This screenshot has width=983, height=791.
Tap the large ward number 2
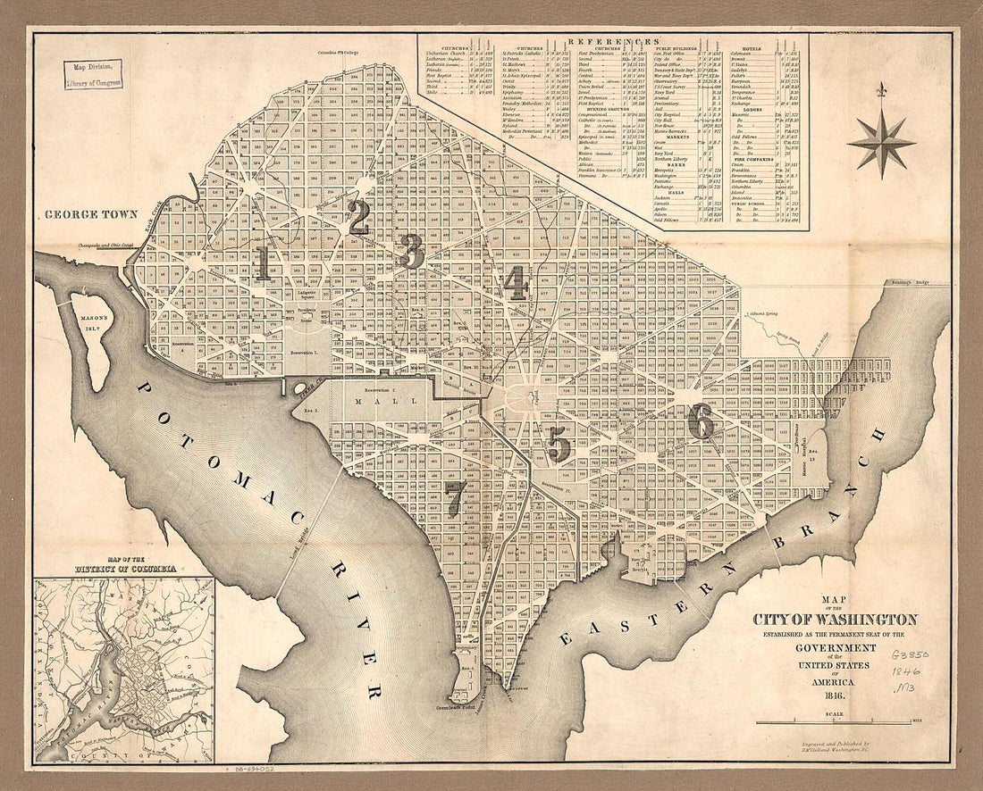[358, 217]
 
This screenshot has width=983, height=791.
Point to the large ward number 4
[515, 283]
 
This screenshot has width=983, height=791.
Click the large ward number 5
[559, 444]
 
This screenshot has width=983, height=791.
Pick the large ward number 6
[701, 421]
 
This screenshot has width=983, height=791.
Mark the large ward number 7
[456, 496]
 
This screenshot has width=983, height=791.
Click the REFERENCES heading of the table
[612, 42]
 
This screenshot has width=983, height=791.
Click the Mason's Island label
[89, 321]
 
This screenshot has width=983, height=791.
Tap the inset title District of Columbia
[124, 568]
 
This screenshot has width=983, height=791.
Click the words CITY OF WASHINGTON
[835, 620]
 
